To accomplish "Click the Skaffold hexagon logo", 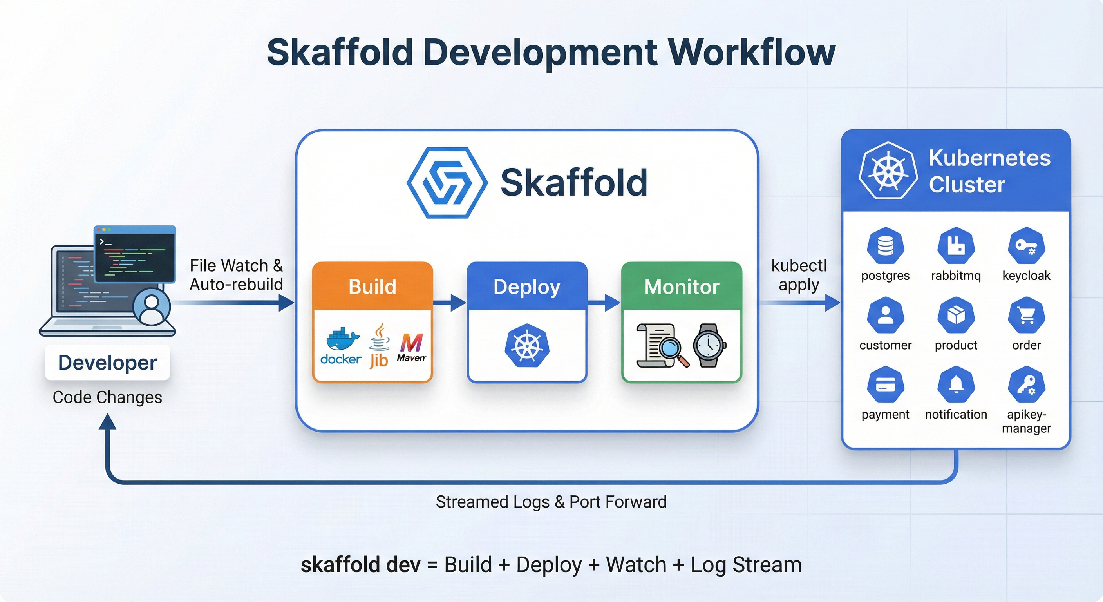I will (447, 183).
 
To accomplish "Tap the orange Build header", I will (372, 286).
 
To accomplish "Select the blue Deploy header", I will (527, 286).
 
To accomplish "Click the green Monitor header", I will (681, 286).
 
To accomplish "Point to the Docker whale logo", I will (342, 339).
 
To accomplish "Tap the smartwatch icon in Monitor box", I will (709, 345).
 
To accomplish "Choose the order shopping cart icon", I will (1026, 316).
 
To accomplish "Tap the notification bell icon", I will (956, 385).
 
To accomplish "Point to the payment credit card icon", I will (885, 385).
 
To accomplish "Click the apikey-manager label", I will (1026, 421).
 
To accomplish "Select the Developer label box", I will (107, 363).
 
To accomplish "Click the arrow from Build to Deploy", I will (450, 303).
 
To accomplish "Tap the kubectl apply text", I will (799, 275).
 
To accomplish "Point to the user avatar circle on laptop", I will (152, 307).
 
